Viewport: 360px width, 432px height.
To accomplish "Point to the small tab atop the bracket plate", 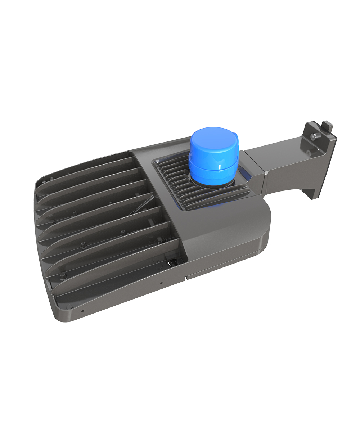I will (x=327, y=126).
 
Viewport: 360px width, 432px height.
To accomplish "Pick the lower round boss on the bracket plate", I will (x=309, y=153).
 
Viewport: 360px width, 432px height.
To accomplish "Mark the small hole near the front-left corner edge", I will (x=83, y=310).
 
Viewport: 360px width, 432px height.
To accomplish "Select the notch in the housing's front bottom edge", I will (x=186, y=278).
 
